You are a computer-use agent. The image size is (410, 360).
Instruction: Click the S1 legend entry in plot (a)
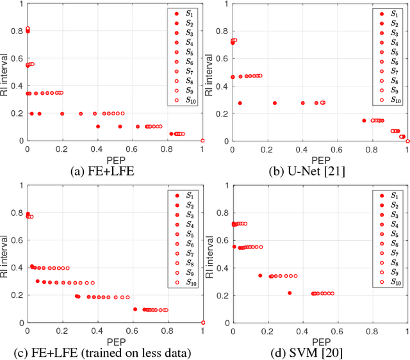[x=183, y=13]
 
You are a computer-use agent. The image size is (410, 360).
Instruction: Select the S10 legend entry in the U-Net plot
[x=389, y=101]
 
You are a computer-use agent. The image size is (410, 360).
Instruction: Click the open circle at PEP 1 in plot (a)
[x=202, y=140]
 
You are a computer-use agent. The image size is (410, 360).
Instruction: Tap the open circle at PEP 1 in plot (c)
[x=202, y=322]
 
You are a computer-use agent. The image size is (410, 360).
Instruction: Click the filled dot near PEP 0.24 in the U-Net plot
[x=274, y=102]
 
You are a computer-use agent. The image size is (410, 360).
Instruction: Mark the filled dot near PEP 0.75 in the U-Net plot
[x=364, y=120]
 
